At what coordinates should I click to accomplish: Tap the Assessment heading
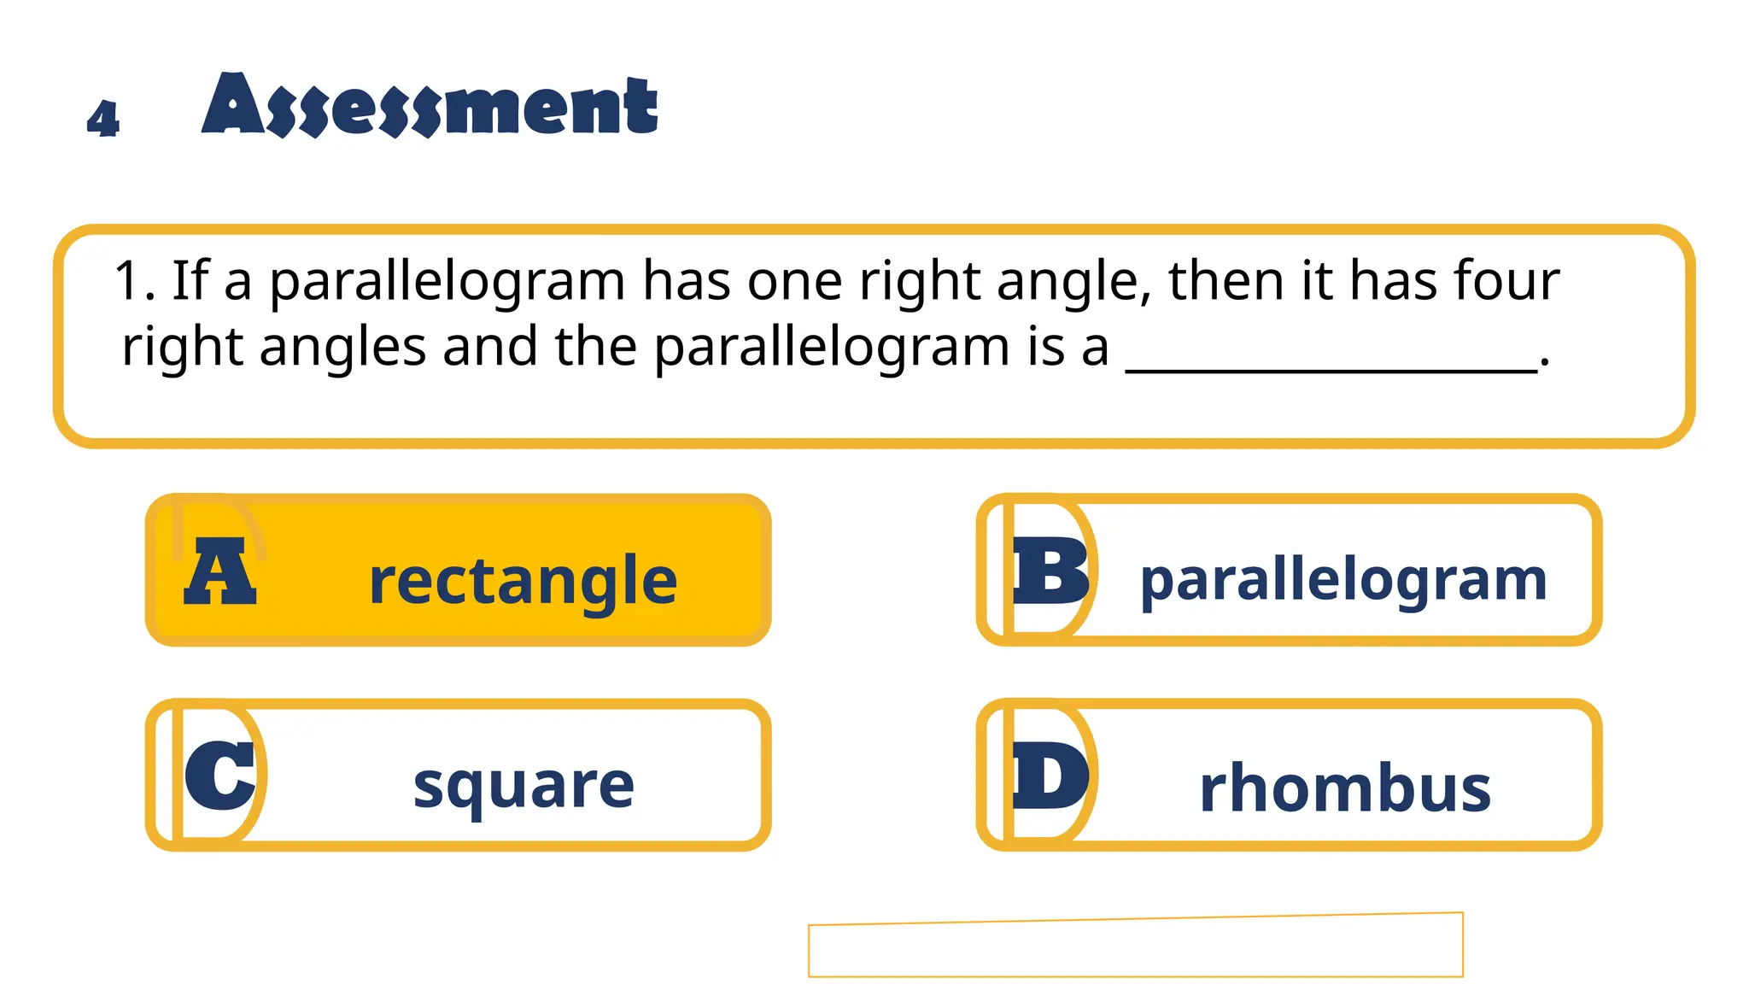(430, 106)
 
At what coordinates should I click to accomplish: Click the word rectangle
(523, 581)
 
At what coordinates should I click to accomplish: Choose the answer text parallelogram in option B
(1343, 581)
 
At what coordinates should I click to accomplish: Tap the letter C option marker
(219, 775)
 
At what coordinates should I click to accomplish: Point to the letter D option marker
(1050, 775)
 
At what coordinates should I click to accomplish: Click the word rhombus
(1345, 788)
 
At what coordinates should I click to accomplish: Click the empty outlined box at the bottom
(1135, 946)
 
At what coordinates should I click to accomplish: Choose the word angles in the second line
(342, 348)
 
